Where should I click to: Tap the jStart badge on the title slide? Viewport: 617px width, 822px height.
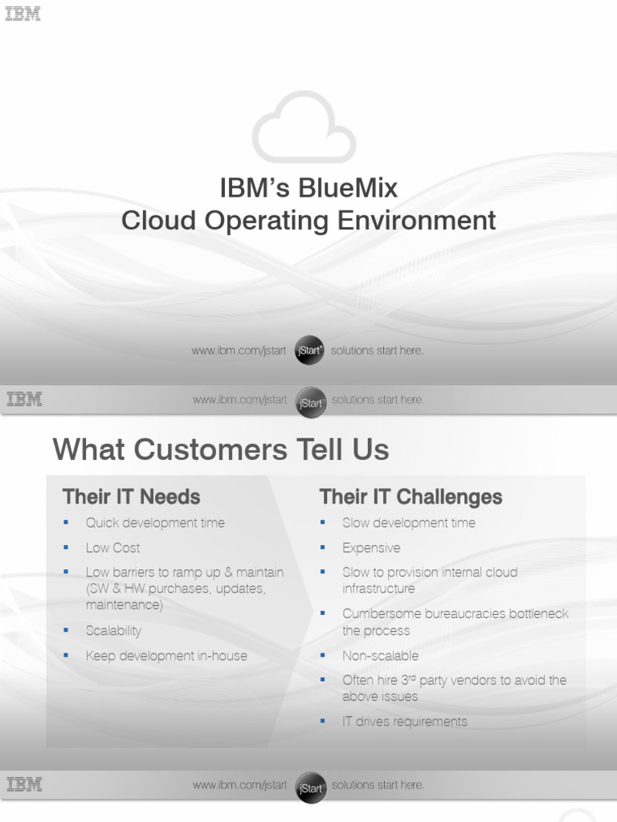(309, 351)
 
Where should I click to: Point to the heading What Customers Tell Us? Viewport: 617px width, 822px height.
(221, 450)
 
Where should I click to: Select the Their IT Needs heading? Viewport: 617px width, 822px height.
(131, 497)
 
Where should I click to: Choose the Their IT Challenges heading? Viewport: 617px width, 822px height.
(411, 497)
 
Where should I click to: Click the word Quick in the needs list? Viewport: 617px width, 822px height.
(102, 523)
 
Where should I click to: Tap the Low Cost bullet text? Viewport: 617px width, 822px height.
(112, 547)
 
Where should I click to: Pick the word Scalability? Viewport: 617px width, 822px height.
(113, 631)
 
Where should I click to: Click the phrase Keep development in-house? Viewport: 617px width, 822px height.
(166, 656)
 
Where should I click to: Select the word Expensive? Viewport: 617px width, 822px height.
(371, 547)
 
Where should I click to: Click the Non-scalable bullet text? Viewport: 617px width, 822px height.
(380, 656)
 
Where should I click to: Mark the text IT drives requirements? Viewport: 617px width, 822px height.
(404, 722)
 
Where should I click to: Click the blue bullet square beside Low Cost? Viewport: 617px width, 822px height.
(66, 547)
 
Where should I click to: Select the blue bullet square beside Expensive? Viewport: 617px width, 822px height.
(322, 547)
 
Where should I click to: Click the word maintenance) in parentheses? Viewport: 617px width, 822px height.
(124, 604)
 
